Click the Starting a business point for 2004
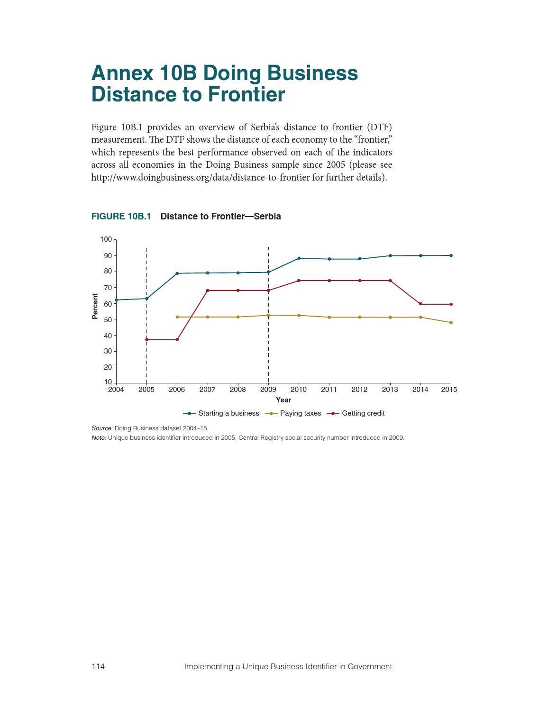click(116, 300)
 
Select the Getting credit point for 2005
click(146, 340)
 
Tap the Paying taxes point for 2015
click(451, 322)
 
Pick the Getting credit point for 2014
click(420, 304)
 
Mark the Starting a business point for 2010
click(299, 258)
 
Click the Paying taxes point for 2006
click(177, 317)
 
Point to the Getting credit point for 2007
click(208, 291)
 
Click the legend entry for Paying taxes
click(293, 413)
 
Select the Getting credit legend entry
click(356, 413)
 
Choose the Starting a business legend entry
click(221, 413)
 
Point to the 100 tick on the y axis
click(106, 239)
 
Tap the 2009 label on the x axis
click(268, 390)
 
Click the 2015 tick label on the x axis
click(449, 390)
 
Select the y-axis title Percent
click(95, 306)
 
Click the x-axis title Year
click(283, 400)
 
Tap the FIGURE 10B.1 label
click(121, 216)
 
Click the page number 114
click(98, 666)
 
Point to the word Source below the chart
click(101, 428)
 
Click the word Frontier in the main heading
click(247, 95)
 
